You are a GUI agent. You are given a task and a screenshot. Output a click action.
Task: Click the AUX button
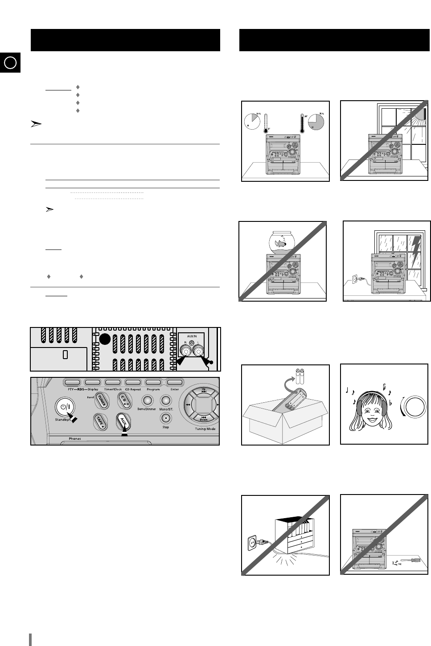pyautogui.click(x=123, y=420)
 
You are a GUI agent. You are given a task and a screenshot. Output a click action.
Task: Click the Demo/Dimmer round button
pyautogui.click(x=147, y=401)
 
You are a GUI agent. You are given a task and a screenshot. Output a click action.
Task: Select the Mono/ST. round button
pyautogui.click(x=165, y=401)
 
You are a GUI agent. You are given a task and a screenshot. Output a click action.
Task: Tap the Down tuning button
pyautogui.click(x=203, y=417)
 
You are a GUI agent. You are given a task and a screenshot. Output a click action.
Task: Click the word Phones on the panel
pyautogui.click(x=75, y=439)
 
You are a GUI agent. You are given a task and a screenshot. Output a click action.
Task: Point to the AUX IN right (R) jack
pyautogui.click(x=183, y=352)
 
